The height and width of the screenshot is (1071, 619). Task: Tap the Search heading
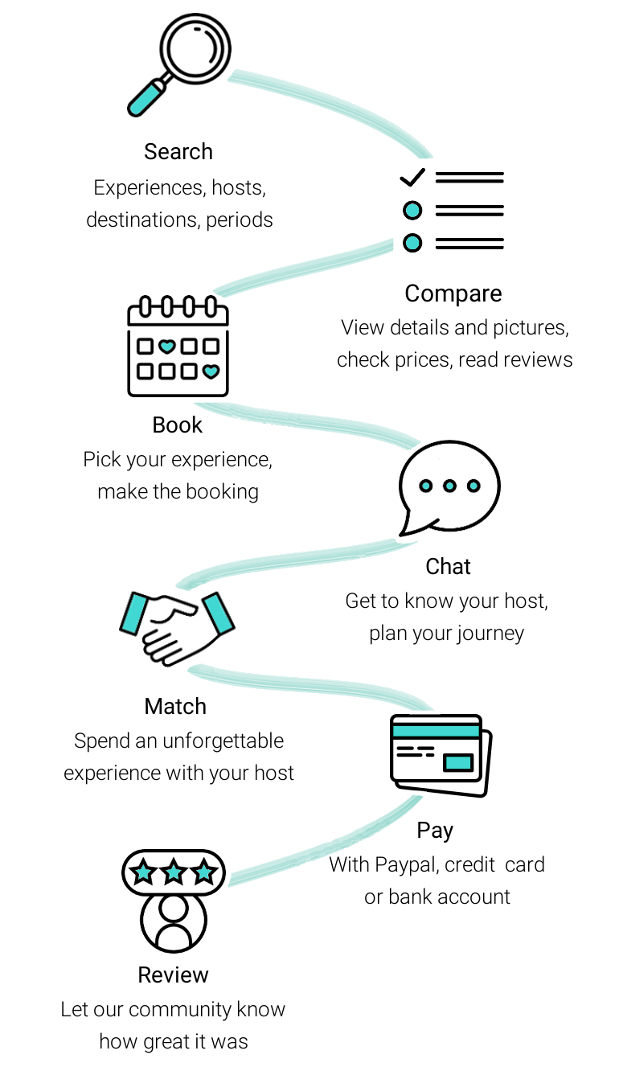178,151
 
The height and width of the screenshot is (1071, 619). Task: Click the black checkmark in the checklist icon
412,177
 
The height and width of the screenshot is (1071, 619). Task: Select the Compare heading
453,293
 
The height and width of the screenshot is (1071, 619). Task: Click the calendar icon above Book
178,347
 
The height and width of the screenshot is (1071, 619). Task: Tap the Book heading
178,425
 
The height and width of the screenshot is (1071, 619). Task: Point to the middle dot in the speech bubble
449,486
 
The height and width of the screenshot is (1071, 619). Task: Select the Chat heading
448,566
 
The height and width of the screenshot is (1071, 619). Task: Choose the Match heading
175,706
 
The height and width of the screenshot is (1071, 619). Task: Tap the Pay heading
435,830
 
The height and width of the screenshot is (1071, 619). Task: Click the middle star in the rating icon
174,872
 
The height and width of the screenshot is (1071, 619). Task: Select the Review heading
173,975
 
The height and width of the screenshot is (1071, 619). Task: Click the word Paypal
405,864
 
